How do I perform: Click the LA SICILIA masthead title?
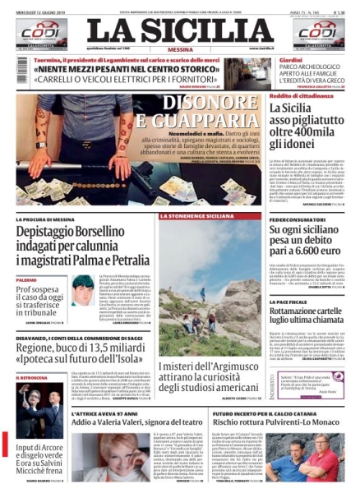(x=180, y=30)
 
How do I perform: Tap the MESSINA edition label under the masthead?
(x=180, y=48)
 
